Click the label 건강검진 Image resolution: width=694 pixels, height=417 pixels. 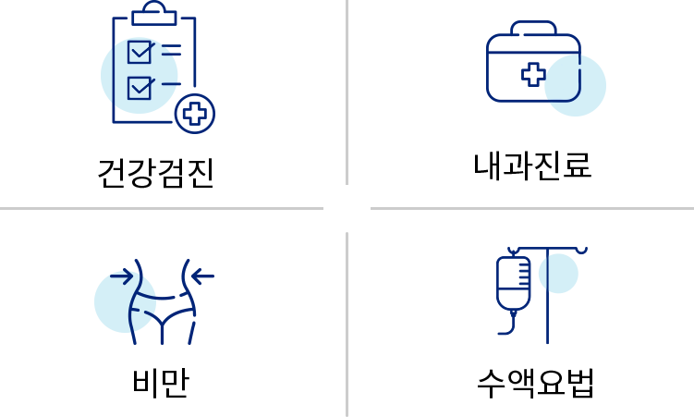pos(156,173)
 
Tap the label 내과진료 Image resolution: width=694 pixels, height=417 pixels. pos(532,166)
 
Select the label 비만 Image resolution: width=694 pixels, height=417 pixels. pos(161,382)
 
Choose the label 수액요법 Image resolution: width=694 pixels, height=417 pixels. pos(535,383)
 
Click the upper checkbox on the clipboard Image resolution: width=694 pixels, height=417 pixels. pos(140,52)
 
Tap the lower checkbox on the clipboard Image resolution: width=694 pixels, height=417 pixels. pos(140,88)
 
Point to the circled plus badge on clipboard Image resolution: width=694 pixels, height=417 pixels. pos(195,114)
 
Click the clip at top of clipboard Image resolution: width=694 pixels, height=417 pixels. pos(154,13)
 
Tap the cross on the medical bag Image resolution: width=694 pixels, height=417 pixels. pos(533,74)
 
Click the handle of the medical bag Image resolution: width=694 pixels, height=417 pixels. pos(533,28)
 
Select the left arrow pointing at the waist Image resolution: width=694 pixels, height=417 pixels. pos(122,276)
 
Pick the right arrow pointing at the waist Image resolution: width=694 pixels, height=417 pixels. pos(202,276)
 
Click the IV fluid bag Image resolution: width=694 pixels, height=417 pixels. pos(514,283)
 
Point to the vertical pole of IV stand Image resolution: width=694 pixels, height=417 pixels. pos(547,295)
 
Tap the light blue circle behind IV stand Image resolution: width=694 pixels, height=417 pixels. pos(558,274)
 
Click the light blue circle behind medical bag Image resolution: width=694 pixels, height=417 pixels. pos(575,85)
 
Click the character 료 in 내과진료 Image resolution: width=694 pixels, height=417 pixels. pos(578,166)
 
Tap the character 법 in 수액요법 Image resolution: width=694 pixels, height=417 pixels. pos(579,383)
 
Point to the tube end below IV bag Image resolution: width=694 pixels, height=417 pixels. pos(500,333)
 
